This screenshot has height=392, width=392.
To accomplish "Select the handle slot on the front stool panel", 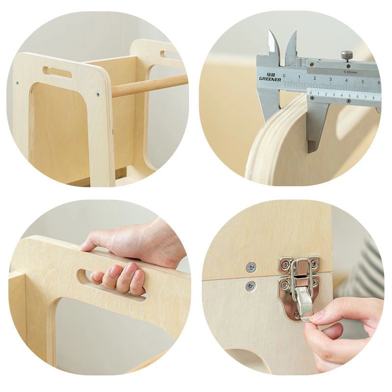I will tap(57, 73).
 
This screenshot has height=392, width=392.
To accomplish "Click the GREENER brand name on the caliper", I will tap(269, 78).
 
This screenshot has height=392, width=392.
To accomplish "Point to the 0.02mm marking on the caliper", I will tap(350, 72).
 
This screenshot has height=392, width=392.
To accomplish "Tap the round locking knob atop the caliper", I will tap(347, 54).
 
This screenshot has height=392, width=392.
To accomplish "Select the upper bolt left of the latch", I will tap(251, 267).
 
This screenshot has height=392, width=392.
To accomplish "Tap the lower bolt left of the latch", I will tap(250, 286).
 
